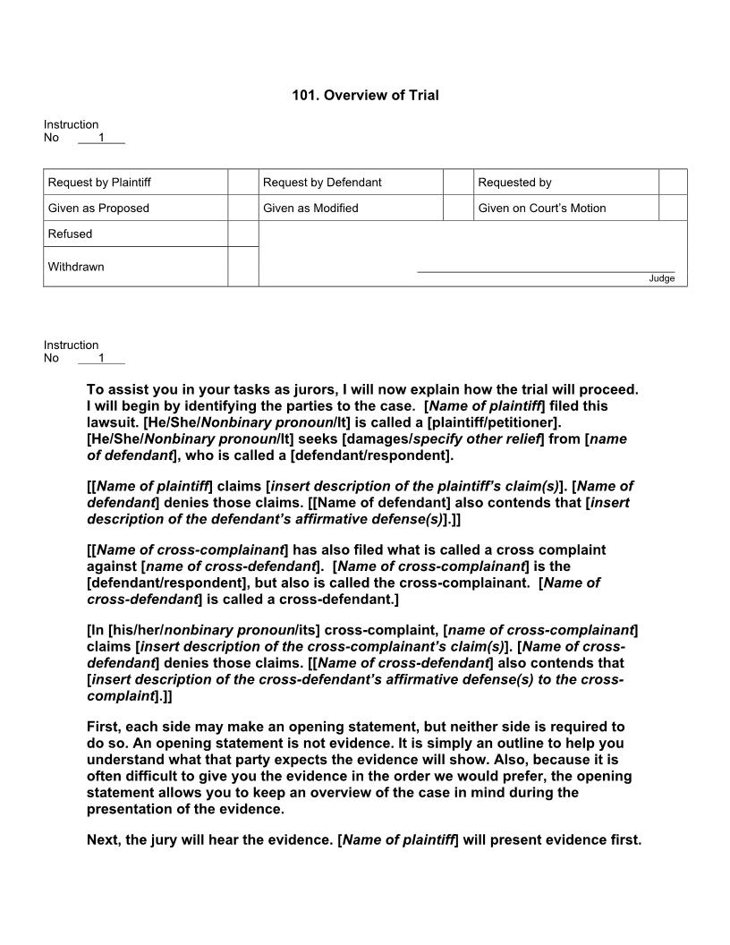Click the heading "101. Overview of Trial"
coord(365,95)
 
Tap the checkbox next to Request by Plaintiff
coord(242,183)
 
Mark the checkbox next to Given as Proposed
coord(242,209)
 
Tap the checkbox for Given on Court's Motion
coord(673,209)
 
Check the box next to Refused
coord(242,234)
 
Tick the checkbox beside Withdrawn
coord(242,267)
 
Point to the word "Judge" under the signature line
coord(661,278)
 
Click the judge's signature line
coord(546,271)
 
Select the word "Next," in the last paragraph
coord(104,840)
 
